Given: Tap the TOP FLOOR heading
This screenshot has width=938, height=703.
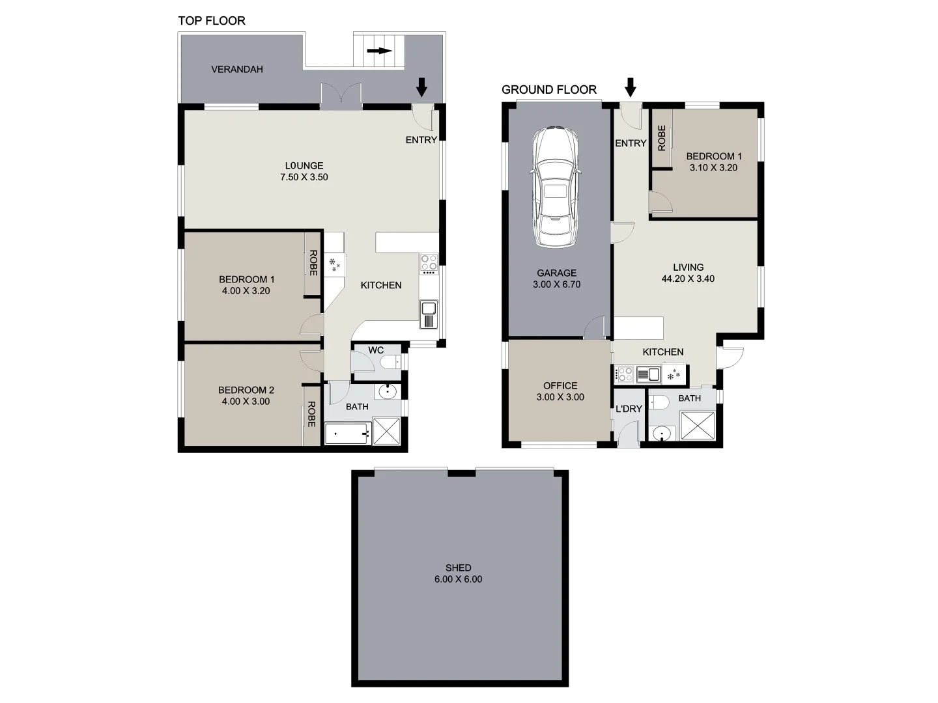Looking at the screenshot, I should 212,21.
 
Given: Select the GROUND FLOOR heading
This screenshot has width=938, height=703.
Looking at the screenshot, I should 548,90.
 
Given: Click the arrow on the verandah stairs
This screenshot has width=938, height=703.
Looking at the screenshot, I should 379,51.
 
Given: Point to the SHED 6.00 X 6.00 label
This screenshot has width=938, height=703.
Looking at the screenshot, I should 458,573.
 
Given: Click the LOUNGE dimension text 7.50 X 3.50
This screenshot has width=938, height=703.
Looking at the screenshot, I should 304,177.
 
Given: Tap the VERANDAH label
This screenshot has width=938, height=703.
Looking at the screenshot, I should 237,69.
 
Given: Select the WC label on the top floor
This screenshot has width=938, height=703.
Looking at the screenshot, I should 376,350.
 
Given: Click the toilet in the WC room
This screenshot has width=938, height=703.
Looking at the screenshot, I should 391,363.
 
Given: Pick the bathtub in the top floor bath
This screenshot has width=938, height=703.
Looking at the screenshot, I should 347,433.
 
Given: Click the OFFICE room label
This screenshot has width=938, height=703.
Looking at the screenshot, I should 560,386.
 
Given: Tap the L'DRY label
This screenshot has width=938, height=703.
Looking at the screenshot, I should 629,409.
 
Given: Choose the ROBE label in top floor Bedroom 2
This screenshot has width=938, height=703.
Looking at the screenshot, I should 311,414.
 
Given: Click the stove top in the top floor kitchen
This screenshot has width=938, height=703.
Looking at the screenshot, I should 429,262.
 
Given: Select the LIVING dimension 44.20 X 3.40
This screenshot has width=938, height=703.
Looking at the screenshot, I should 688,279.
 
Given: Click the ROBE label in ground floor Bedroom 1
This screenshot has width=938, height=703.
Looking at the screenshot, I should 662,138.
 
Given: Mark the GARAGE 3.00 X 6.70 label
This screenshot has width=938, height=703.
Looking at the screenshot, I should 556,279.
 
